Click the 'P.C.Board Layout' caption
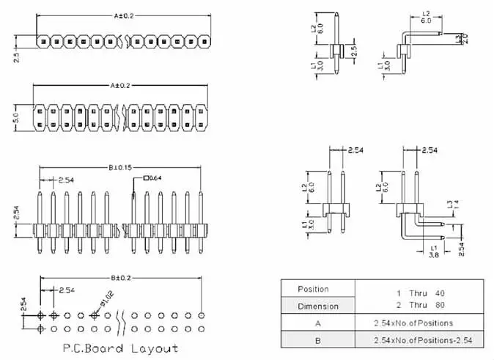pos(119,348)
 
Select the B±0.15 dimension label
pos(119,168)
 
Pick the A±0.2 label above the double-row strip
pos(120,86)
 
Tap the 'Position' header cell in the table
pos(317,289)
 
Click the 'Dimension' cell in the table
pos(317,306)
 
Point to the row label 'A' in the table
pos(317,323)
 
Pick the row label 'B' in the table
pos(317,339)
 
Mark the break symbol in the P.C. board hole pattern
pos(122,322)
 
